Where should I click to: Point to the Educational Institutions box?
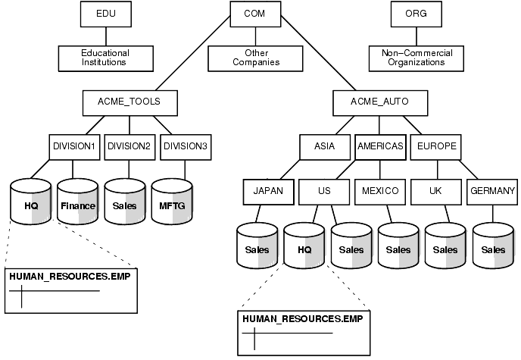(105, 58)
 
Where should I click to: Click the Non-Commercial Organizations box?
(411, 58)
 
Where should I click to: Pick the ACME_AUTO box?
(379, 102)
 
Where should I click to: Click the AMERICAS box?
(380, 146)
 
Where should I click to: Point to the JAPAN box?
(268, 191)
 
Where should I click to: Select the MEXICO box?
(380, 191)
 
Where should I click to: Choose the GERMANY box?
(492, 191)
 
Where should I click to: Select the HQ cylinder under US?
(304, 249)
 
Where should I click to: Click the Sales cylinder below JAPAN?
(257, 249)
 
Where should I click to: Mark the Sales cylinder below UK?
(445, 249)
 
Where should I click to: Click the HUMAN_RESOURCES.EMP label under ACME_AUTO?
(302, 318)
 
